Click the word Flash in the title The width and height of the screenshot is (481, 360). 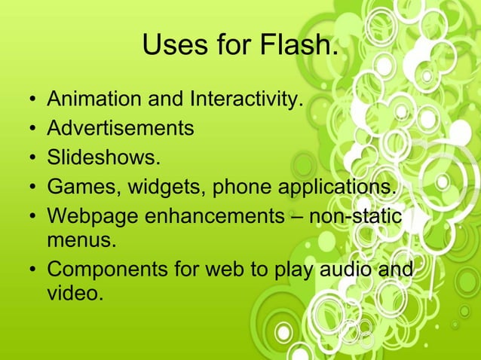pyautogui.click(x=298, y=47)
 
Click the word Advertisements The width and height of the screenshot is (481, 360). pyautogui.click(x=121, y=128)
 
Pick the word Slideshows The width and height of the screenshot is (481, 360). pyautogui.click(x=104, y=157)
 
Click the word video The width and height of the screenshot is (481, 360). pyautogui.click(x=74, y=294)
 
